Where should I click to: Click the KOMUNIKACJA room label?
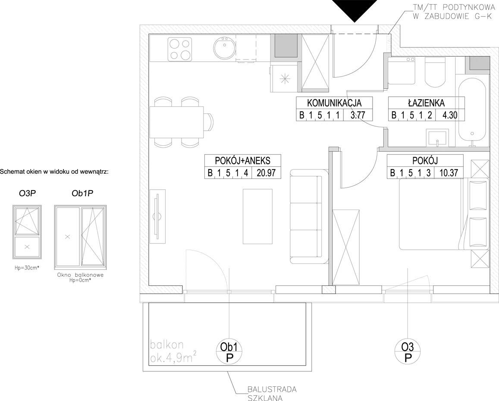(334, 103)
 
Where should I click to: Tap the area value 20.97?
(266, 173)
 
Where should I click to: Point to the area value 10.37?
(449, 173)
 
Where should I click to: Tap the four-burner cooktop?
(180, 49)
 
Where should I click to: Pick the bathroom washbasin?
(438, 138)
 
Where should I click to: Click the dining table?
(176, 122)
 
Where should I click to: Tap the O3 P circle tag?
(408, 352)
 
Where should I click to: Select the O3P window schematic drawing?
(27, 232)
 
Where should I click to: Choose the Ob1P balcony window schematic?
(80, 236)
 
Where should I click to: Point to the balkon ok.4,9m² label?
(173, 351)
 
